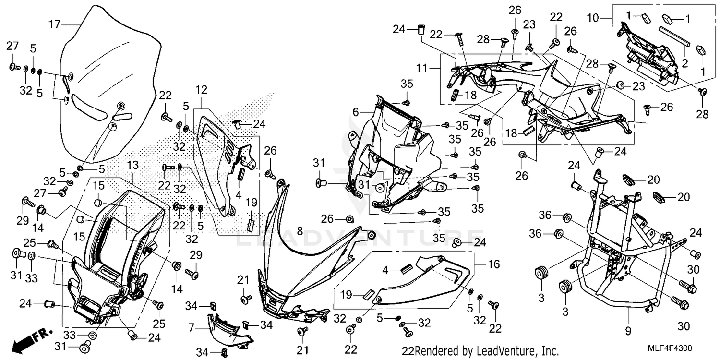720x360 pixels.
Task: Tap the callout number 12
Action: coord(202,90)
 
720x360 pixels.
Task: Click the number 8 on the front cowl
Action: coord(300,231)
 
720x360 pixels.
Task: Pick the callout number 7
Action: coord(192,328)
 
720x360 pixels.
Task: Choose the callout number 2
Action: coord(685,62)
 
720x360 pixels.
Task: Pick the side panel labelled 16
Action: coord(422,283)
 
